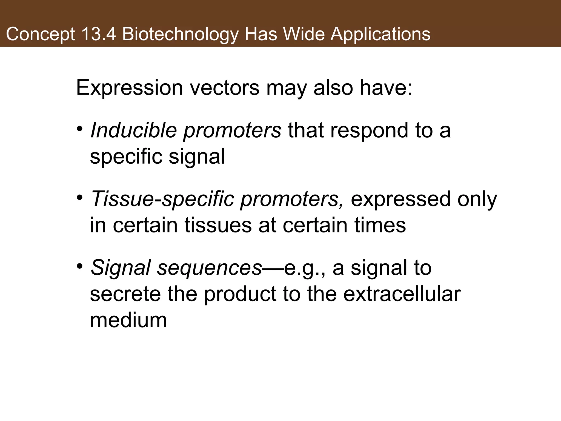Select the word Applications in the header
(x=380, y=35)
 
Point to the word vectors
(x=225, y=88)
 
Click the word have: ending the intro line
(x=386, y=88)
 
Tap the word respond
(x=370, y=131)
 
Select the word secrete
(x=125, y=294)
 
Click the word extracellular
(x=402, y=294)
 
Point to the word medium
(x=128, y=320)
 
